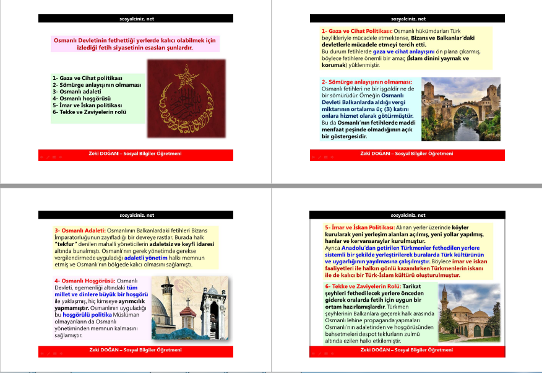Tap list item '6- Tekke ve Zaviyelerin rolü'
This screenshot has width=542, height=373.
[90, 112]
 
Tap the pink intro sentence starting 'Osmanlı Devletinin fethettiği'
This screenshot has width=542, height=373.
[135, 43]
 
